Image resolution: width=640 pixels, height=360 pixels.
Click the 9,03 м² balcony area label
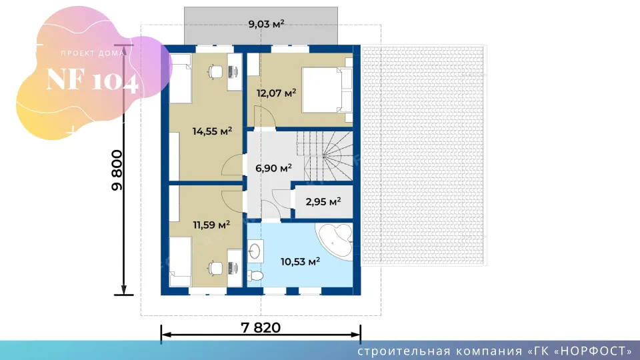[x=266, y=24]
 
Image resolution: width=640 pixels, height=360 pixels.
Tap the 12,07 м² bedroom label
[x=276, y=93]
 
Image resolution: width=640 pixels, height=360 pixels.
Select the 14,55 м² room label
[x=212, y=131]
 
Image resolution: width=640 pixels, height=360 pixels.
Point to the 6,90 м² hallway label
[x=273, y=168]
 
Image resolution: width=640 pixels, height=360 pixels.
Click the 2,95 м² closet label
[x=323, y=201]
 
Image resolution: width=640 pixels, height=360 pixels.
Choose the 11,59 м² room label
[x=211, y=225]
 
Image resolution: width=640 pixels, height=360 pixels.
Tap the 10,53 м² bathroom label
[x=300, y=261]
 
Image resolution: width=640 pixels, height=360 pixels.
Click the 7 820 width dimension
[x=261, y=327]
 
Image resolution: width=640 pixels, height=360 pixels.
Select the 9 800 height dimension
[x=117, y=170]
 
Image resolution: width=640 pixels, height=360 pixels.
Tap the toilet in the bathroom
[x=255, y=276]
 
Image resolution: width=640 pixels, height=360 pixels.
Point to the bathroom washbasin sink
[x=255, y=251]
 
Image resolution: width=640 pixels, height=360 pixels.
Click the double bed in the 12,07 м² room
[x=327, y=90]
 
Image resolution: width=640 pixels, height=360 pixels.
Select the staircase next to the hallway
[x=325, y=155]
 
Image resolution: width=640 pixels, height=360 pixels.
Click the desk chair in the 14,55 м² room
[x=215, y=72]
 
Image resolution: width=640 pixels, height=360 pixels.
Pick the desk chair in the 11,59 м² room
[x=215, y=268]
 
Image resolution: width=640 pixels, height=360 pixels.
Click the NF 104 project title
[x=92, y=79]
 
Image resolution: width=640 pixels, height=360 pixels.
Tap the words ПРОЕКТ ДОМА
[x=93, y=53]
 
